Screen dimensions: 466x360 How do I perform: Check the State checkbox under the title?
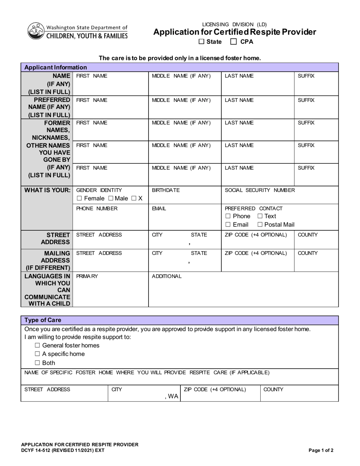click(x=201, y=42)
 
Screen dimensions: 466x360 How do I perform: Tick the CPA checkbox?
click(x=234, y=42)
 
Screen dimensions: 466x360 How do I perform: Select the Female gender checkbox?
click(x=79, y=199)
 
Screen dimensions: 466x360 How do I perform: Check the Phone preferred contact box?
click(x=228, y=216)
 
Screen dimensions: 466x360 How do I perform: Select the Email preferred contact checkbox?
click(x=228, y=225)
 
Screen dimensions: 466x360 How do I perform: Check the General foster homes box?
click(x=37, y=346)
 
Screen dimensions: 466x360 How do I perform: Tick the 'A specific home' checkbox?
click(x=37, y=354)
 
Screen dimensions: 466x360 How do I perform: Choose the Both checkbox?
click(x=37, y=363)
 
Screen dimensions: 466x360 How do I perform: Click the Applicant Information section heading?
click(x=55, y=67)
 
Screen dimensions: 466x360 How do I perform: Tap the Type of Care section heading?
click(x=42, y=320)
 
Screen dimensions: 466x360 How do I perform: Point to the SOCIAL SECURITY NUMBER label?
click(x=260, y=190)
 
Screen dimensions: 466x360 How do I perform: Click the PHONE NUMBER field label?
click(x=97, y=208)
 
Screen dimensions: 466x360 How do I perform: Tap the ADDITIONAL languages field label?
click(x=166, y=276)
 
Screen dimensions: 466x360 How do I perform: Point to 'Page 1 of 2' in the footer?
click(x=321, y=450)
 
